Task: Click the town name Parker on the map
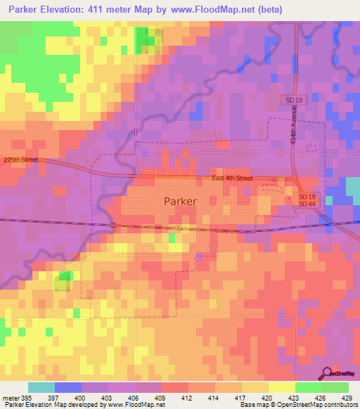coord(180,200)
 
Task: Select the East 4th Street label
coord(233,178)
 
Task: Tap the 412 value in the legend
coord(180,397)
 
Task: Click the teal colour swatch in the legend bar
coord(41,387)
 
